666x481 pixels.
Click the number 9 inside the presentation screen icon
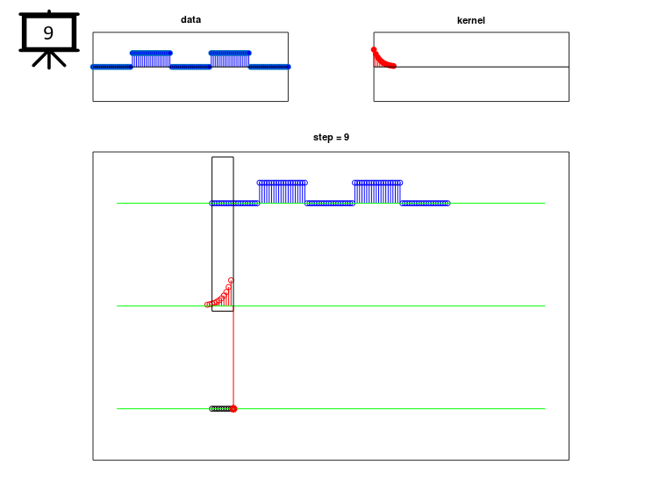(48, 32)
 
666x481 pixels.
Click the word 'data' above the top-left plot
(190, 19)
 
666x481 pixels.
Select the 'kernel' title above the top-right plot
(470, 20)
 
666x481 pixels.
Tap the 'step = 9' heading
(331, 137)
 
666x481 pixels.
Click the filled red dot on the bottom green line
(233, 409)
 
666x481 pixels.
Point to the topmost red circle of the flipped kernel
(231, 281)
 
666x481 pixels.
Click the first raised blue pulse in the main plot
(282, 192)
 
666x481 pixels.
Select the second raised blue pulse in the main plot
(377, 192)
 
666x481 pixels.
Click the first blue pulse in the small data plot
(151, 60)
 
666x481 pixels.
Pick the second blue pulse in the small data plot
(230, 60)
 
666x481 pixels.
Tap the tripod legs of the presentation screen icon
(49, 60)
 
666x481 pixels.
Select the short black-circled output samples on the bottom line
(221, 409)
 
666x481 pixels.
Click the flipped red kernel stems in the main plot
(219, 293)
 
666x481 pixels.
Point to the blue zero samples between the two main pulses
(330, 204)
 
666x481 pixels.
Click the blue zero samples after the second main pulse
(425, 204)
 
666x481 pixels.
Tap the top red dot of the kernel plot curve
(374, 50)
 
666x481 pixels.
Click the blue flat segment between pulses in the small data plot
(190, 67)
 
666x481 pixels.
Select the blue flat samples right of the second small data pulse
(269, 67)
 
